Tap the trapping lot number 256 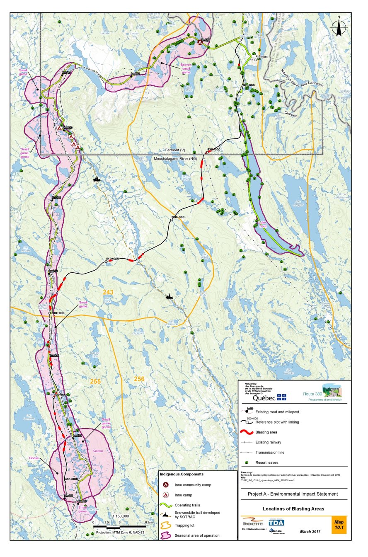point(139,378)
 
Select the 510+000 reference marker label point(112,259)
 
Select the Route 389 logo point(324,392)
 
